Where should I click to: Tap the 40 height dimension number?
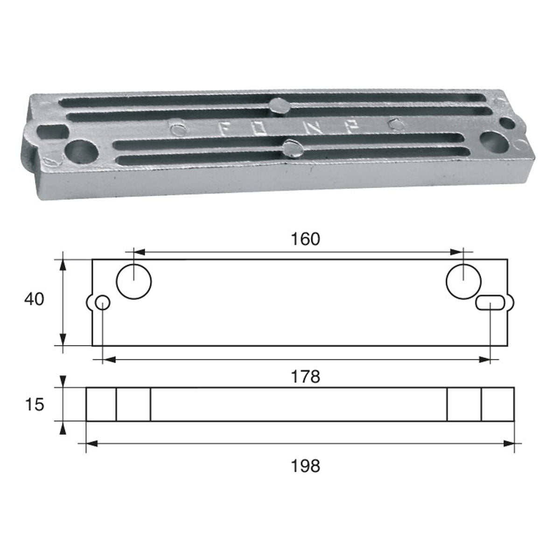tap(34, 299)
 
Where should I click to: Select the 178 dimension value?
tap(308, 376)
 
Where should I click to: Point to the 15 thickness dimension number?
tap(34, 405)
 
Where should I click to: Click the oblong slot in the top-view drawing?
tap(490, 303)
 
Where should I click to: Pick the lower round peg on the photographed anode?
tap(292, 149)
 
